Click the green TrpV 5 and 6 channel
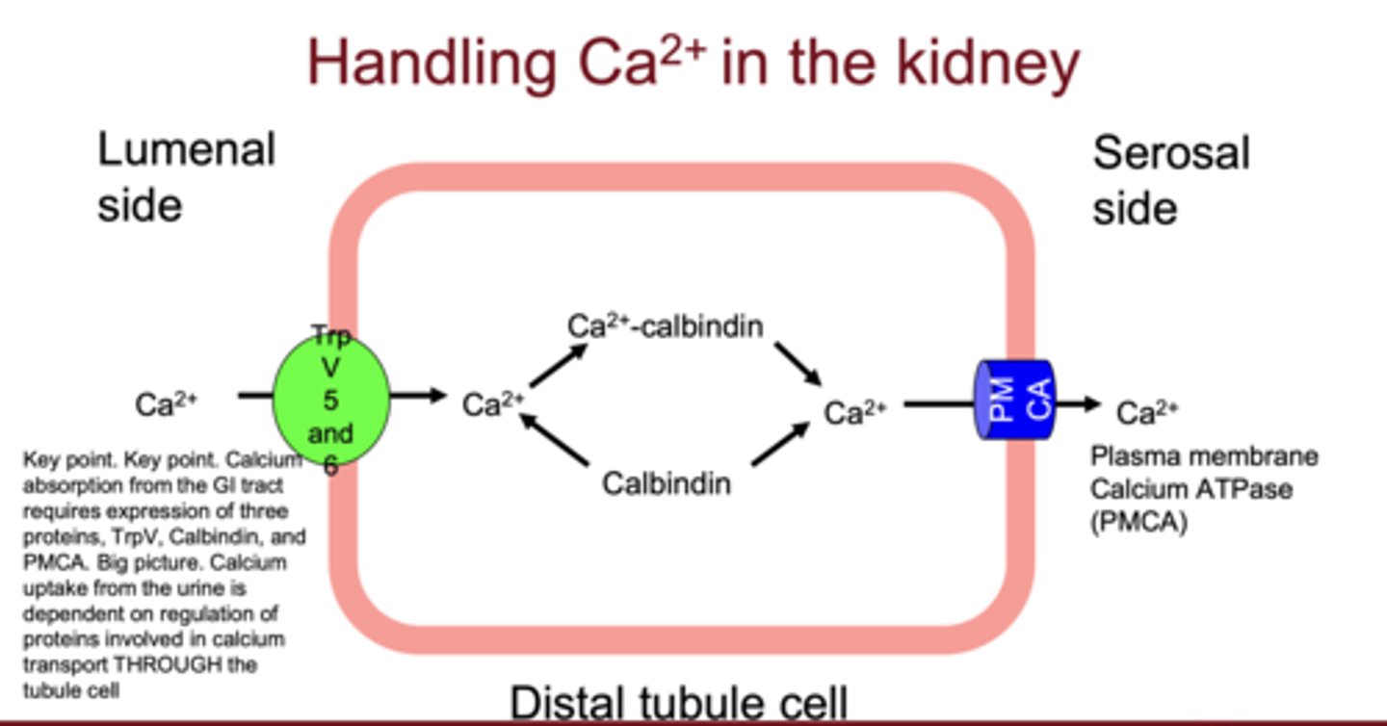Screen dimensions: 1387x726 (331, 398)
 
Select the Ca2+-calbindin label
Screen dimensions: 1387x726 (665, 327)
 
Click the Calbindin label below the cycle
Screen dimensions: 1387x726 (667, 483)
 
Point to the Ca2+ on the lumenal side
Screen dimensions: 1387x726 (167, 404)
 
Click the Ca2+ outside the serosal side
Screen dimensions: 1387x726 (1148, 413)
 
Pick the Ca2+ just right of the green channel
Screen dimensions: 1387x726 (493, 404)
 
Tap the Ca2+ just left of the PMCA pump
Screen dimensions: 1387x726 (854, 413)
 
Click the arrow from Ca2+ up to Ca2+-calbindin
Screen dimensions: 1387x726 (558, 366)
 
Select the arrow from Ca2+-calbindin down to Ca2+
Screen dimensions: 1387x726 (797, 362)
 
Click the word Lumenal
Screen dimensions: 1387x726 (187, 149)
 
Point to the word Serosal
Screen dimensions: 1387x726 (1171, 153)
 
